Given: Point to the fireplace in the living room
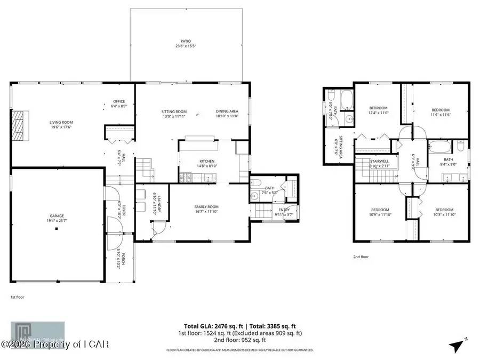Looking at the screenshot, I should point(19,125).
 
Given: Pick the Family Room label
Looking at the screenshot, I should point(206,209).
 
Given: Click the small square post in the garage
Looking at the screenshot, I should point(57,229).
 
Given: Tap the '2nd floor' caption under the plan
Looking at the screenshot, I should point(361,257).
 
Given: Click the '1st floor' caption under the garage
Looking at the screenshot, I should point(17,297).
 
